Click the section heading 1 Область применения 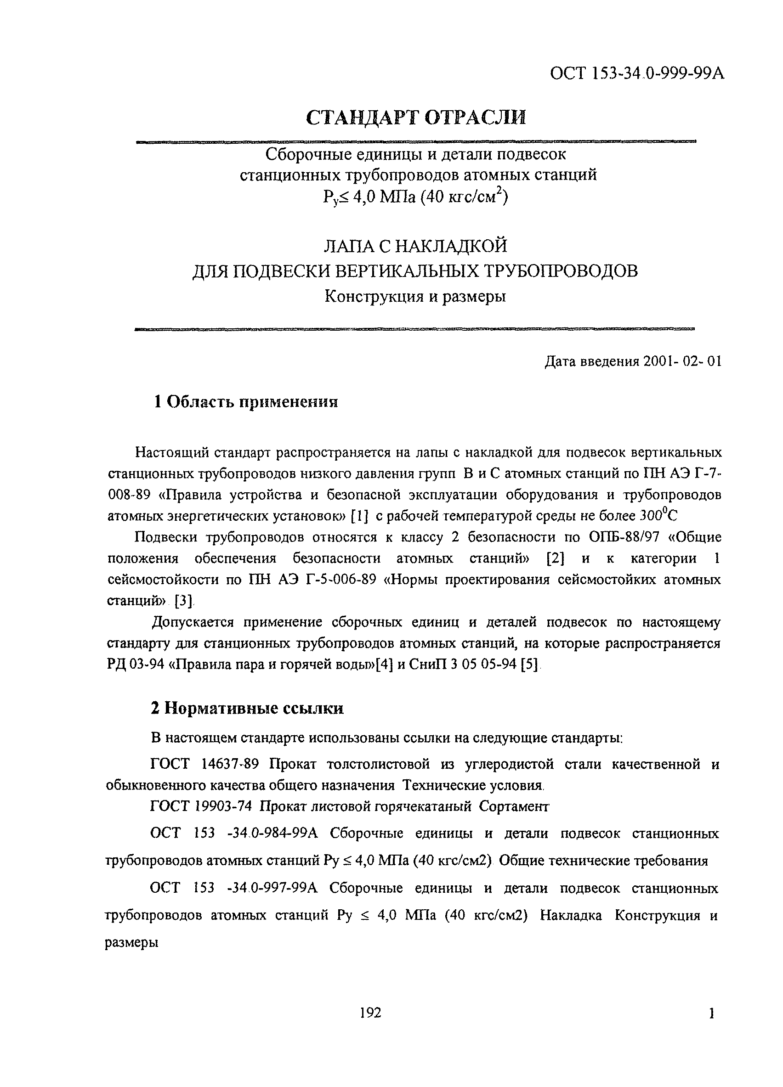(x=245, y=402)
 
